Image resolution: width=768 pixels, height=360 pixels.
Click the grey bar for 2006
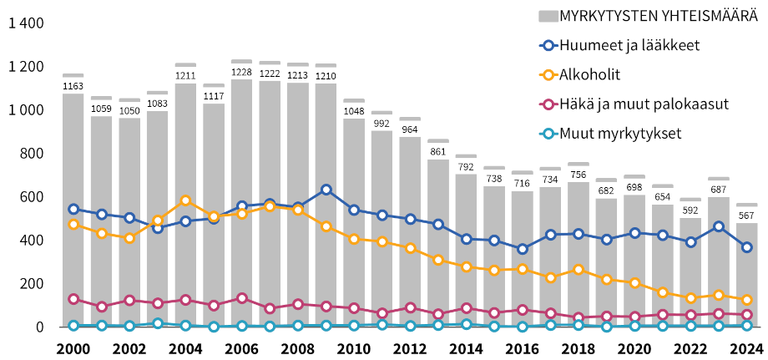pos(242,251)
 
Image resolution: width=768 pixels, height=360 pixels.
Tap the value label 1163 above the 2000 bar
pos(73,85)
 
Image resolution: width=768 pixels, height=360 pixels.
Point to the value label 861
pos(438,151)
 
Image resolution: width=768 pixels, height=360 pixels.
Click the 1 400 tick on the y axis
pos(25,23)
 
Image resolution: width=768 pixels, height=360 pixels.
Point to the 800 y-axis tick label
pos(32,154)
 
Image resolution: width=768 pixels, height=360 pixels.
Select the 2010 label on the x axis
pos(354,347)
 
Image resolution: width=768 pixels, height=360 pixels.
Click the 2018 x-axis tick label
pos(579,347)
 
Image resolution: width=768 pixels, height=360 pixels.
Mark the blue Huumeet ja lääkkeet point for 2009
pos(326,190)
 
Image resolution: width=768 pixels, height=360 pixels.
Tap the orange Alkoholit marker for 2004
pos(185,200)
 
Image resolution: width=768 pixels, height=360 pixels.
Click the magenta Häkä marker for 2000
pos(73,299)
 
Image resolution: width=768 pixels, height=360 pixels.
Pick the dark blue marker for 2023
pos(719,226)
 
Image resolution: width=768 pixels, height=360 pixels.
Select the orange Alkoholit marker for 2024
pos(747,300)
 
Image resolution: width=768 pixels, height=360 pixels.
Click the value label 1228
pos(242,71)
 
